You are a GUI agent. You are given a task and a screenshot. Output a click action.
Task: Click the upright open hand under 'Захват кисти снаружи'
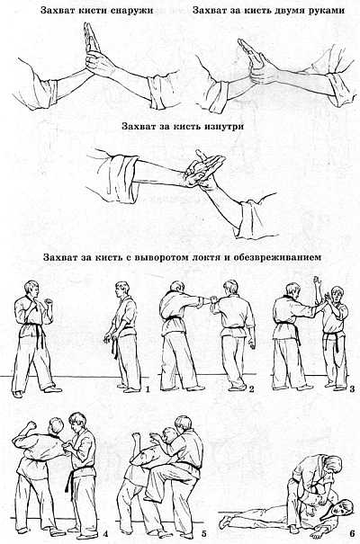(x=94, y=45)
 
